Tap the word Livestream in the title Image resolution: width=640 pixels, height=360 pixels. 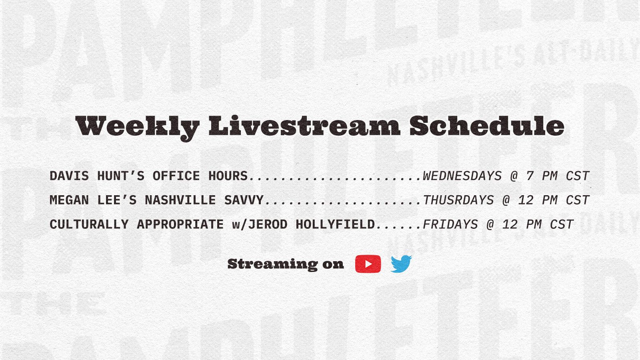304,126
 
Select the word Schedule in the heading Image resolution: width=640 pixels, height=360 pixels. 487,126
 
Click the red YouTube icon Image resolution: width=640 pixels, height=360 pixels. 368,264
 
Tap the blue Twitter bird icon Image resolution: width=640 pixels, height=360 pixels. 402,264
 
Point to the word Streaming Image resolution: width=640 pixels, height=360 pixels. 272,264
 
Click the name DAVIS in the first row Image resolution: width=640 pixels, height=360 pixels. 69,176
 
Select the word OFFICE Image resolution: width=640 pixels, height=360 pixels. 176,176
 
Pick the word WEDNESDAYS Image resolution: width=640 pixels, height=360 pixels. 462,176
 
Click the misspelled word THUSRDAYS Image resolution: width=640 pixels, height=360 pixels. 458,200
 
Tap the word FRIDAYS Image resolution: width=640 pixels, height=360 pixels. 450,224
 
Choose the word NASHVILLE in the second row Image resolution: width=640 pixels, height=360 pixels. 180,200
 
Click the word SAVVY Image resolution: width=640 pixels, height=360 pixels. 244,200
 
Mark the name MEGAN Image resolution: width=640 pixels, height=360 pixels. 69,200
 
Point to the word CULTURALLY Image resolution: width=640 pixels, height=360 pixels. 89,224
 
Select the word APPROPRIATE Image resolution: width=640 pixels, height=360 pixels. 180,224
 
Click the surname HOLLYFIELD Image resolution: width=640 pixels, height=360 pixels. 335,224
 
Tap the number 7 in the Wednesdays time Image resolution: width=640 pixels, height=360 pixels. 530,176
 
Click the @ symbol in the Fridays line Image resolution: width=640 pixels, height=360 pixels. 490,225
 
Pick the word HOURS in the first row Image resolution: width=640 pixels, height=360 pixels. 228,176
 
